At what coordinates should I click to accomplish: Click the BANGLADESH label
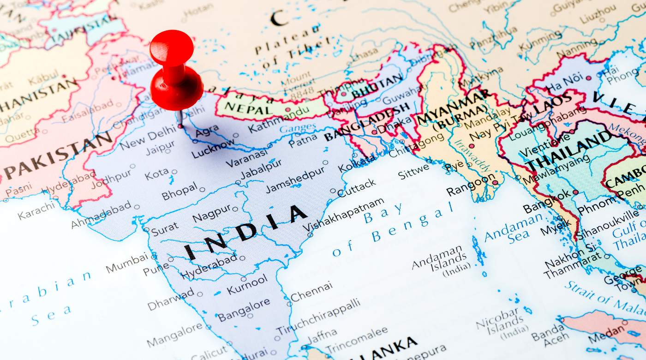tap(367, 121)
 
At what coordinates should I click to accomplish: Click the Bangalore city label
tap(244, 309)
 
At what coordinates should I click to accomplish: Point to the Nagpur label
tap(211, 213)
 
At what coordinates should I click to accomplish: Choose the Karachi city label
tap(36, 210)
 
